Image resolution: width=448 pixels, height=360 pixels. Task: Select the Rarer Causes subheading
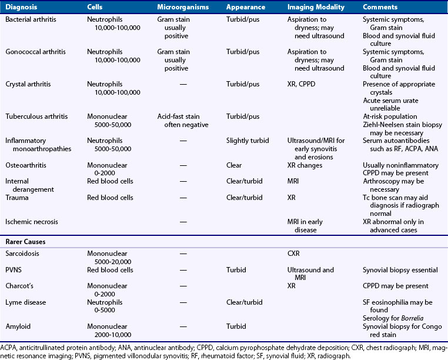tap(27, 241)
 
